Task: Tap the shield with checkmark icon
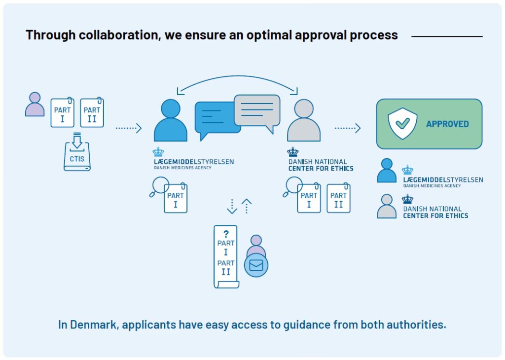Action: (402, 123)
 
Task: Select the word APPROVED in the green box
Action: (447, 124)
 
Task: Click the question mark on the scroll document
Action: (226, 234)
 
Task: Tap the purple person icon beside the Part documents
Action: (35, 104)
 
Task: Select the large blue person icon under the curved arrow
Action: (171, 121)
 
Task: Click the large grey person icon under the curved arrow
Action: (304, 121)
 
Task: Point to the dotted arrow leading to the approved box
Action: (348, 128)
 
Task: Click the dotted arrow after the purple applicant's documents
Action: (128, 128)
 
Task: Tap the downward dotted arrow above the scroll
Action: (232, 206)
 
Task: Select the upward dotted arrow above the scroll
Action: (246, 206)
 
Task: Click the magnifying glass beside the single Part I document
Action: (159, 188)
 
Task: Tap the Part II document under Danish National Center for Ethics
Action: (338, 198)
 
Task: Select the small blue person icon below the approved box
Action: (387, 171)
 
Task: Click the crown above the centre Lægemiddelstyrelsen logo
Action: (158, 151)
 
